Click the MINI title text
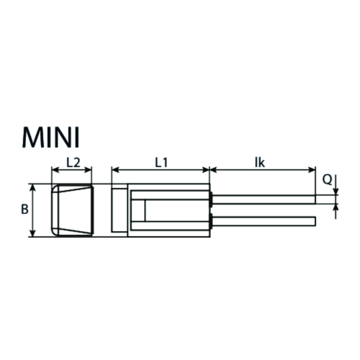coord(50,138)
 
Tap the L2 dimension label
coord(73,163)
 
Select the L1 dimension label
coord(161,163)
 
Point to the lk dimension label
coord(260,163)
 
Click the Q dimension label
coord(328,180)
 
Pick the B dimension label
coord(24,210)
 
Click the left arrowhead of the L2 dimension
coord(55,170)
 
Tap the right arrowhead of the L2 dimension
coord(89,170)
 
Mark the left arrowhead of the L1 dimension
coord(115,170)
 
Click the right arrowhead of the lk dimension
coord(312,170)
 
